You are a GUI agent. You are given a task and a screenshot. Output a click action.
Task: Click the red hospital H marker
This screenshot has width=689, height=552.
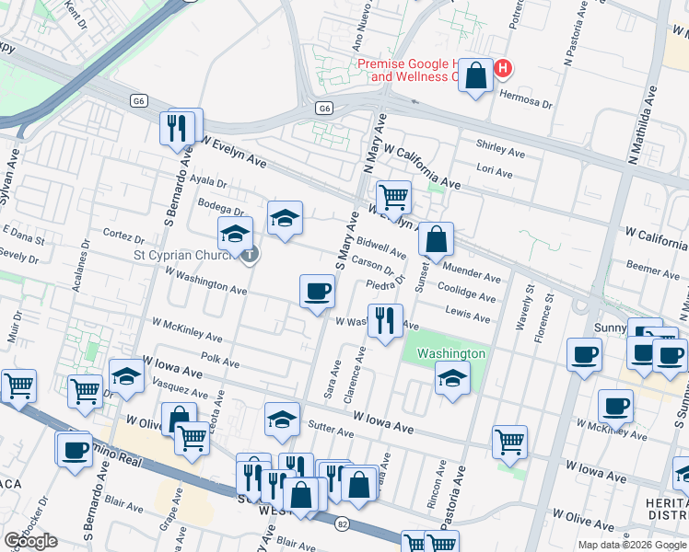click(x=503, y=68)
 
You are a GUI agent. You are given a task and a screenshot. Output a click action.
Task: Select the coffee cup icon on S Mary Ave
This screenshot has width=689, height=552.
click(x=317, y=292)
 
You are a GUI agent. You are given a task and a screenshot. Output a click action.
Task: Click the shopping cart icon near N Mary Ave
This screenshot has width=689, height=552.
click(x=393, y=195)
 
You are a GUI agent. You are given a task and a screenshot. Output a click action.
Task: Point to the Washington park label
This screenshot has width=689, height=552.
click(x=450, y=353)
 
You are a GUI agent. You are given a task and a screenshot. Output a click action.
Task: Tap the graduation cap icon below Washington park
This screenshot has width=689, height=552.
click(x=452, y=377)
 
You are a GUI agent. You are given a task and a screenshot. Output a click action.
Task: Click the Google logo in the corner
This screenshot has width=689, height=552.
click(x=30, y=541)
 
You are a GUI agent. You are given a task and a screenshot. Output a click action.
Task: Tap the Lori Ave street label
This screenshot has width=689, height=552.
click(x=495, y=171)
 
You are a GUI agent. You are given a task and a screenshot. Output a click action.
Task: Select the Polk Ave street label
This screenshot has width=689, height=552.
click(x=219, y=360)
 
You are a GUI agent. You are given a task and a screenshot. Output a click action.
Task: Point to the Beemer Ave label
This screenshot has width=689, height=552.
click(x=652, y=269)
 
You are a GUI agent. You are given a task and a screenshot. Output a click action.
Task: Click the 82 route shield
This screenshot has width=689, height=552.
click(x=341, y=522)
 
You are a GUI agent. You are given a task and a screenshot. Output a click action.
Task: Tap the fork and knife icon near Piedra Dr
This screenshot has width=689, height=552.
click(x=385, y=320)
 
